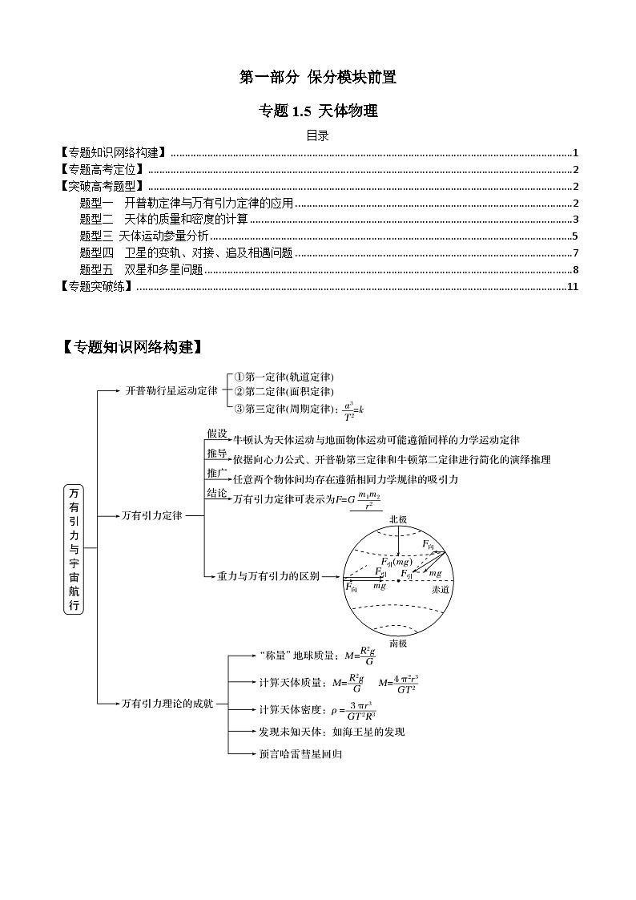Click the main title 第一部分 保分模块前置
point(318,78)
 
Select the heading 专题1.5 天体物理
point(318,111)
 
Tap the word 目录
point(318,135)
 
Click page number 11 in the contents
point(572,286)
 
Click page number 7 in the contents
point(575,252)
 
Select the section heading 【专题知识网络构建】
point(131,348)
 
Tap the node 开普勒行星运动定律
point(171,391)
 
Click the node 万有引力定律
point(152,515)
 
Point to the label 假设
point(217,434)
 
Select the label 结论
point(217,493)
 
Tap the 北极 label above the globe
point(398,519)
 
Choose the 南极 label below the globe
point(398,643)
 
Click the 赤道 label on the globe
point(440,589)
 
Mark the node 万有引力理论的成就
point(167,703)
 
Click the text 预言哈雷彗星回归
point(300,754)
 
